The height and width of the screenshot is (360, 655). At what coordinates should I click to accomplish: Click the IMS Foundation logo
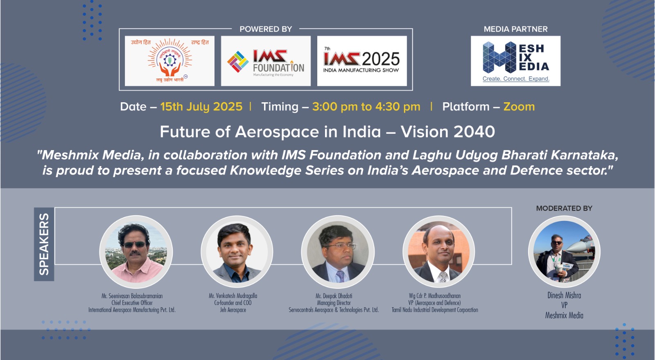(x=266, y=61)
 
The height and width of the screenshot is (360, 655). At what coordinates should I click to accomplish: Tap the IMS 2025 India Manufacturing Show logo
(x=361, y=61)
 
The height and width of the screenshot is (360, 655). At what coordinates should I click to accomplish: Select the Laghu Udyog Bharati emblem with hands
(x=169, y=61)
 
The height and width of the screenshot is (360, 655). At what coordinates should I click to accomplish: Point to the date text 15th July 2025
(x=201, y=107)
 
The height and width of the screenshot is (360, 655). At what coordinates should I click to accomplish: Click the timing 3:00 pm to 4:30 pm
(x=366, y=107)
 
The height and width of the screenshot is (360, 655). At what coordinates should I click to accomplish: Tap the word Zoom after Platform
(x=519, y=107)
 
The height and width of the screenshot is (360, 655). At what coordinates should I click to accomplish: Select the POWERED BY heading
(x=266, y=29)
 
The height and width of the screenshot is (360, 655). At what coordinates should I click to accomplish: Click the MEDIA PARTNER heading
(x=515, y=29)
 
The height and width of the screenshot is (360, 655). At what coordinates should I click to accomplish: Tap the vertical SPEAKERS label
(x=44, y=244)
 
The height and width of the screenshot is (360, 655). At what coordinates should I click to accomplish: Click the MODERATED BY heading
(x=564, y=208)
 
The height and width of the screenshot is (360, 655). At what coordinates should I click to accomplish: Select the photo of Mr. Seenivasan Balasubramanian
(x=136, y=252)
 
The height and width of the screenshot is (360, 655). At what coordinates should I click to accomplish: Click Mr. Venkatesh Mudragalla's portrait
(x=237, y=252)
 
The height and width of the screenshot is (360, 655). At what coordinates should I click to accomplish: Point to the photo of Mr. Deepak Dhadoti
(x=338, y=252)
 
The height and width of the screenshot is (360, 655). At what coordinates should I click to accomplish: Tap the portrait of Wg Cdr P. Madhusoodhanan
(x=438, y=252)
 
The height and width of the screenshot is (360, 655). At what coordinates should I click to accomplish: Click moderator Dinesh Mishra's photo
(x=564, y=252)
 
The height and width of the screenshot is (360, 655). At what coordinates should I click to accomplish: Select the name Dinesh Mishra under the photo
(x=564, y=295)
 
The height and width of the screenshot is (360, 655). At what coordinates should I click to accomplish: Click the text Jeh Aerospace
(x=233, y=310)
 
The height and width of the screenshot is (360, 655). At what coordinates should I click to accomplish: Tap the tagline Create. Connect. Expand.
(x=516, y=79)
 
